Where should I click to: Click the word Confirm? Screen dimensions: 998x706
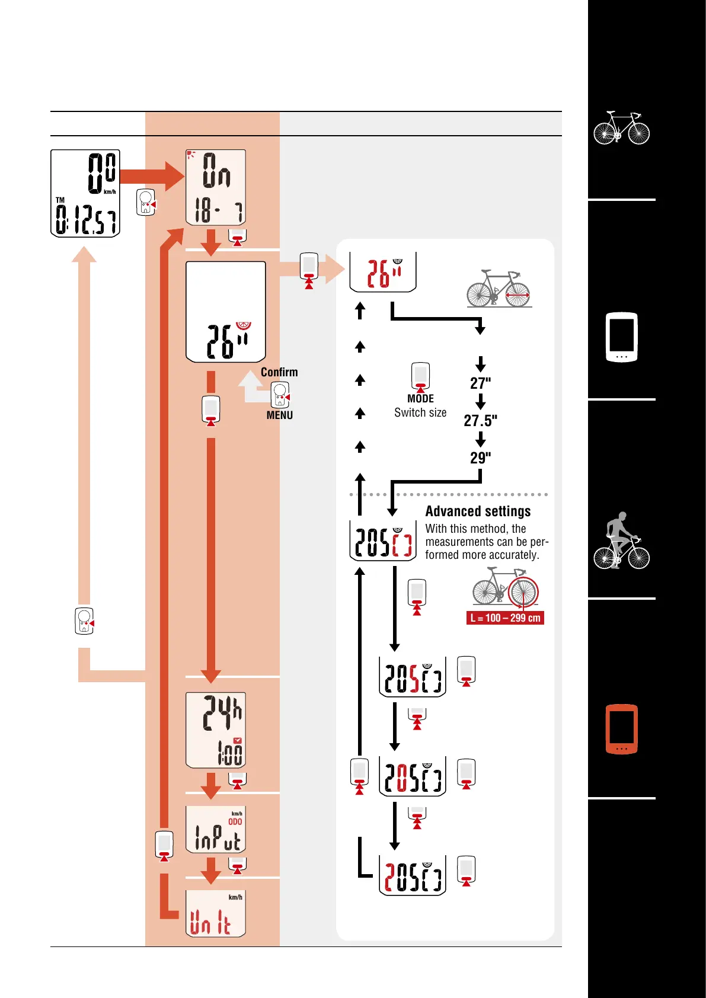(x=279, y=372)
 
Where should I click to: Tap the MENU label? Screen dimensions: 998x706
(x=279, y=415)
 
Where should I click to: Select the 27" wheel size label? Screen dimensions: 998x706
(x=480, y=383)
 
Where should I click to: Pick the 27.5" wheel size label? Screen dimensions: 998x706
(x=480, y=421)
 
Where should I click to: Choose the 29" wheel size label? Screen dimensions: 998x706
(x=480, y=458)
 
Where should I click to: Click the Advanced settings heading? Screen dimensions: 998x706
(x=478, y=511)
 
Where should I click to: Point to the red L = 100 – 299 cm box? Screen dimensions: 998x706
(x=505, y=618)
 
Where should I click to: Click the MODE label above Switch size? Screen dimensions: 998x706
(x=420, y=399)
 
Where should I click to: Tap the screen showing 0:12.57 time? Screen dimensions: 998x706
(x=85, y=193)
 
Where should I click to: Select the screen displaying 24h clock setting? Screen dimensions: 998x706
(x=216, y=730)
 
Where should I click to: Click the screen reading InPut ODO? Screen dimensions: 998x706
(x=216, y=829)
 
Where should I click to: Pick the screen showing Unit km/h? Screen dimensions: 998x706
(x=216, y=913)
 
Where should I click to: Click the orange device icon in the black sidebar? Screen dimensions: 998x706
(x=621, y=729)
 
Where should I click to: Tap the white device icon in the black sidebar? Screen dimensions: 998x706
(x=621, y=337)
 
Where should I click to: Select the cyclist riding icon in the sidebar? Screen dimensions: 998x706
(x=621, y=540)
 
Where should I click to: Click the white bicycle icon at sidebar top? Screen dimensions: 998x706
(x=621, y=127)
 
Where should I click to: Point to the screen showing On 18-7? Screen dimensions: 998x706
(x=216, y=187)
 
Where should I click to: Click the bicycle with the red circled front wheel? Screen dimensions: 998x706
(x=505, y=587)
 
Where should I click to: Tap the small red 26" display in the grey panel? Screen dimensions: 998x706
(x=383, y=272)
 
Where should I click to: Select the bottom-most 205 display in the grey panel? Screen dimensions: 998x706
(x=413, y=875)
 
